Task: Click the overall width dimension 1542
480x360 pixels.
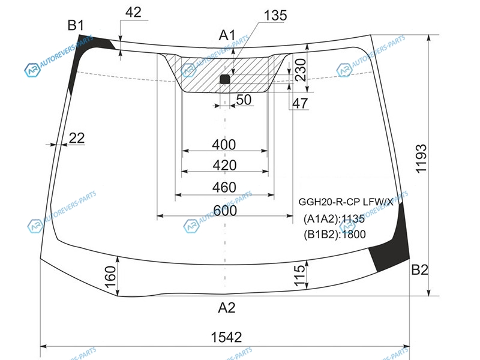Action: [226, 337]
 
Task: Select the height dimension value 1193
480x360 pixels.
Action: [421, 159]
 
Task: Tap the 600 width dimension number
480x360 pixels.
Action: [225, 211]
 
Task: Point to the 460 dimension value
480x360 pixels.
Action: [224, 187]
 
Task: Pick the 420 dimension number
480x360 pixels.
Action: [224, 166]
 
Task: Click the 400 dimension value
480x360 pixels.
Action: [224, 145]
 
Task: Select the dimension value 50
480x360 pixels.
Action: [244, 100]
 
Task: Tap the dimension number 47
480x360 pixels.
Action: [299, 103]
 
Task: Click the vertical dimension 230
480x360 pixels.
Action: [301, 70]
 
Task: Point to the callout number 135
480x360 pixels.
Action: [275, 16]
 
